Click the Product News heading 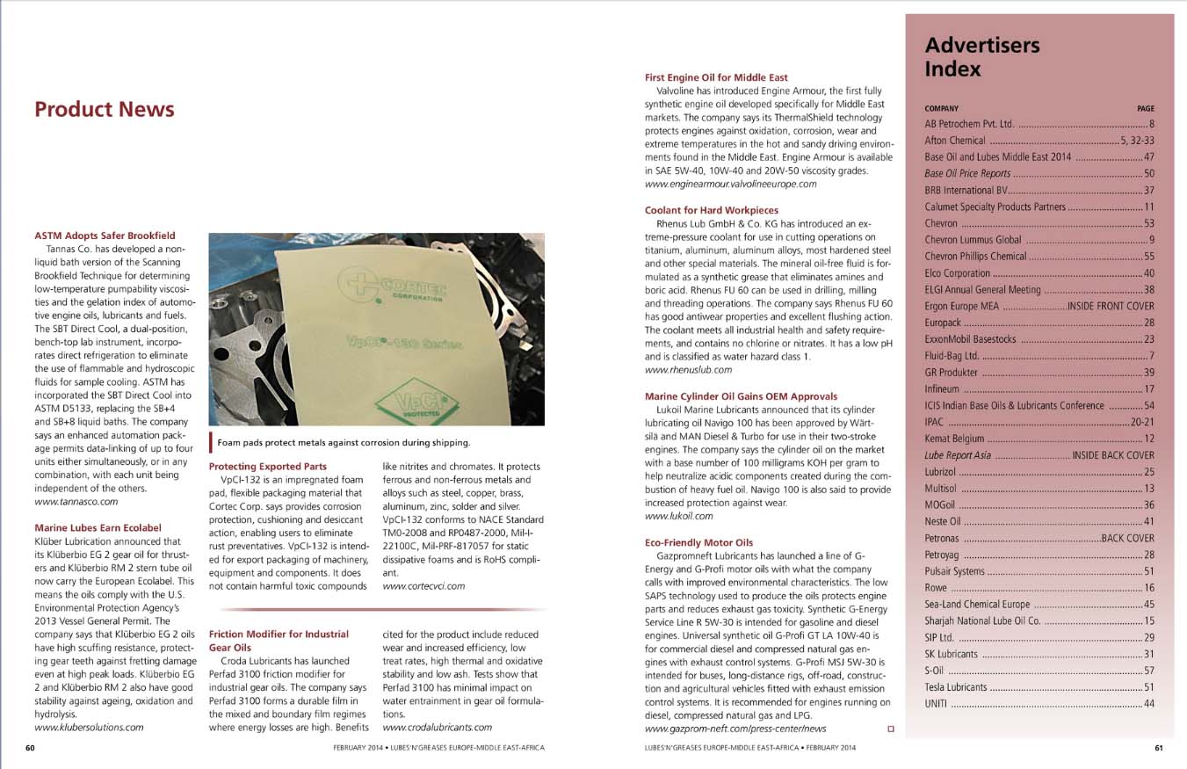104,110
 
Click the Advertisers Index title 981,57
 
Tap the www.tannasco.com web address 76,501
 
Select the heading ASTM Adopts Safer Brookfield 105,236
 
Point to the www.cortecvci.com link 423,585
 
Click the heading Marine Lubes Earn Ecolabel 98,527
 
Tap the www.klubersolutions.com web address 89,727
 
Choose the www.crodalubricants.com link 438,727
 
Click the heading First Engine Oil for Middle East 716,77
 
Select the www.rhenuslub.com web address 688,370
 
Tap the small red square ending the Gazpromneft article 891,729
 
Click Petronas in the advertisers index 946,538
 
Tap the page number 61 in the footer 1158,748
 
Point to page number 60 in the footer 30,748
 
